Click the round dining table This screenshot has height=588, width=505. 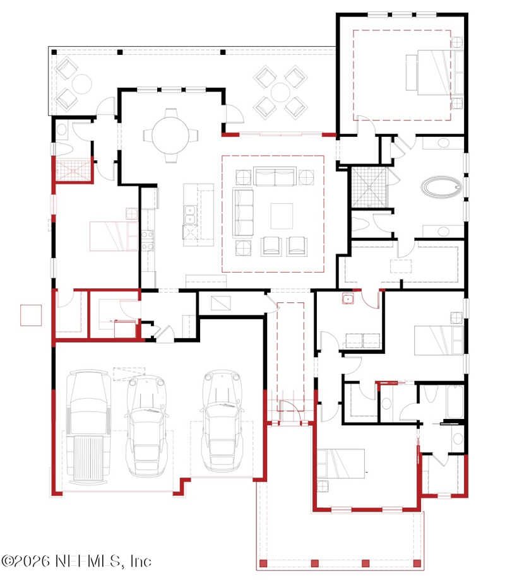[170, 135]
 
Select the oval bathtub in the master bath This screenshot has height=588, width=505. [441, 187]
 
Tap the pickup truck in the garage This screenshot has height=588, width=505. [88, 426]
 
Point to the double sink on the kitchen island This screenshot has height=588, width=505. [190, 215]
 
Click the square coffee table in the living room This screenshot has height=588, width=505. [282, 216]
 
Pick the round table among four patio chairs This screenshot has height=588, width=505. [280, 92]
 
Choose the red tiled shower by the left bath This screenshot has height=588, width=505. [73, 170]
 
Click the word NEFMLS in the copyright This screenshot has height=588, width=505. [88, 561]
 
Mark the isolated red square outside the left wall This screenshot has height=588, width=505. [31, 315]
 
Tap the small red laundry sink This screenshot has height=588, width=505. [348, 299]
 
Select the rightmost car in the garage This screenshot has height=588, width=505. [222, 420]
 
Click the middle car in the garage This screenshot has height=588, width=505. [146, 426]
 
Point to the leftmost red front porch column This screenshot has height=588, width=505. [263, 563]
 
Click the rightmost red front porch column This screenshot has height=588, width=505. [417, 563]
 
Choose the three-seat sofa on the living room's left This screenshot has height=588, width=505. [243, 213]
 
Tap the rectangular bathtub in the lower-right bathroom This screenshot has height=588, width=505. [456, 401]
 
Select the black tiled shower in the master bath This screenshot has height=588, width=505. [369, 187]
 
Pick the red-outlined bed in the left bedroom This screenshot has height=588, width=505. [114, 236]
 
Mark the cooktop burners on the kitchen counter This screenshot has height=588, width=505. [148, 240]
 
